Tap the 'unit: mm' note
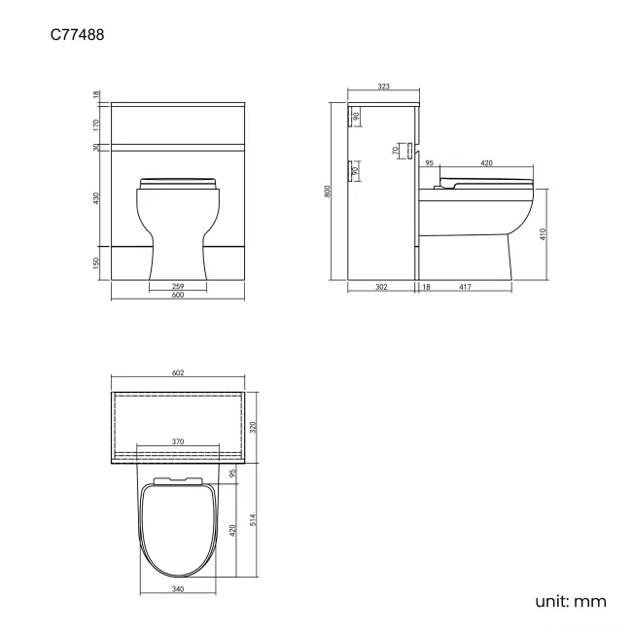(571, 601)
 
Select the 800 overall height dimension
(329, 192)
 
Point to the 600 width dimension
(178, 296)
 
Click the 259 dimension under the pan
(178, 286)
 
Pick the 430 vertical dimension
(97, 198)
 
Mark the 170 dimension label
(97, 124)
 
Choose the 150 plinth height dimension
(97, 263)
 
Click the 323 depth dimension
(383, 88)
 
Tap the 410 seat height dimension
(543, 233)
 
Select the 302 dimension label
(382, 286)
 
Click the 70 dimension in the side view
(396, 151)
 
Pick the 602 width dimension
(178, 373)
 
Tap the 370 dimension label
(178, 441)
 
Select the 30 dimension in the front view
(97, 148)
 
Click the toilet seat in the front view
(178, 182)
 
